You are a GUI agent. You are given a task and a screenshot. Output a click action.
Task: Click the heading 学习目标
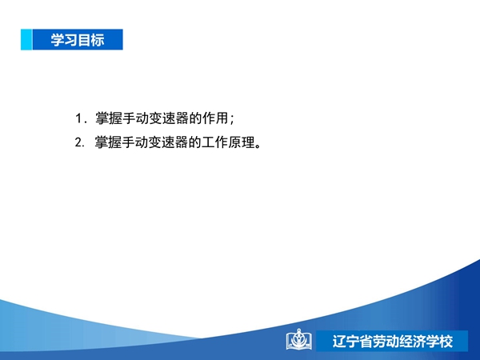pyautogui.click(x=78, y=40)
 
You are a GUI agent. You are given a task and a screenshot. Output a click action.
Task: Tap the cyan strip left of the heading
pyautogui.click(x=26, y=39)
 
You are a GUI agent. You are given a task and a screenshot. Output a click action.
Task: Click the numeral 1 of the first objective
pyautogui.click(x=78, y=118)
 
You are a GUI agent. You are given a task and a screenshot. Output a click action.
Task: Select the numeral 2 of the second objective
pyautogui.click(x=78, y=142)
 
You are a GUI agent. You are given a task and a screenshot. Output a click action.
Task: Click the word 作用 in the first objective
pyautogui.click(x=215, y=118)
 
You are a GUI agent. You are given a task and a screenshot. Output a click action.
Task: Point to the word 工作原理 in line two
pyautogui.click(x=228, y=142)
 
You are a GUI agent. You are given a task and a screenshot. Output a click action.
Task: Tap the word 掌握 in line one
pyautogui.click(x=108, y=118)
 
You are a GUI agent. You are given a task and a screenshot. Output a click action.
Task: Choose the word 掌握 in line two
pyautogui.click(x=108, y=142)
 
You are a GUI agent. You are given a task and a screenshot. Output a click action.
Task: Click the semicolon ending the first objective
pyautogui.click(x=232, y=119)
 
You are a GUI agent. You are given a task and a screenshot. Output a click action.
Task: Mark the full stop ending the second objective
pyautogui.click(x=258, y=146)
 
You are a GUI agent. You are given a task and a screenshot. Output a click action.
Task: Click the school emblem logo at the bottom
pyautogui.click(x=299, y=339)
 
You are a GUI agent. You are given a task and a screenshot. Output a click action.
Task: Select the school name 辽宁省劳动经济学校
pyautogui.click(x=393, y=342)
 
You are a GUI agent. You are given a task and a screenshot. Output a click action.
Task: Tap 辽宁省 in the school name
pyautogui.click(x=352, y=342)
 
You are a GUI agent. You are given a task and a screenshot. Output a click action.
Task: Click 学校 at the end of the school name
pyautogui.click(x=439, y=342)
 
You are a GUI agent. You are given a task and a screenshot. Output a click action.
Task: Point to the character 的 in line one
pyautogui.click(x=195, y=118)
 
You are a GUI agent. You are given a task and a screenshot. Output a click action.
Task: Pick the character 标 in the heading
pyautogui.click(x=98, y=40)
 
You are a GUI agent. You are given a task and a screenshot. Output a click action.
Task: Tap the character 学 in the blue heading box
pyautogui.click(x=58, y=40)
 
